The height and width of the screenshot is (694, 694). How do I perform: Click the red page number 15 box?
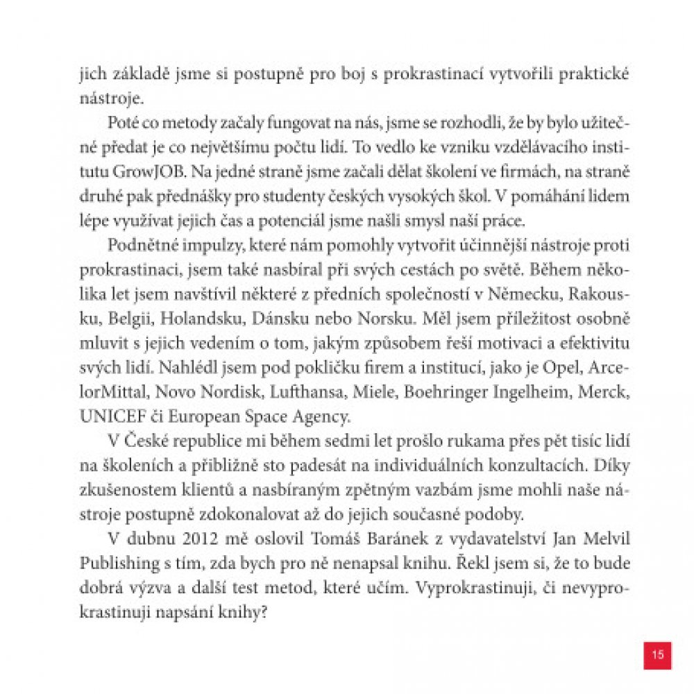point(657,654)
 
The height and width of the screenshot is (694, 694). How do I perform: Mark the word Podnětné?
point(140,244)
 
